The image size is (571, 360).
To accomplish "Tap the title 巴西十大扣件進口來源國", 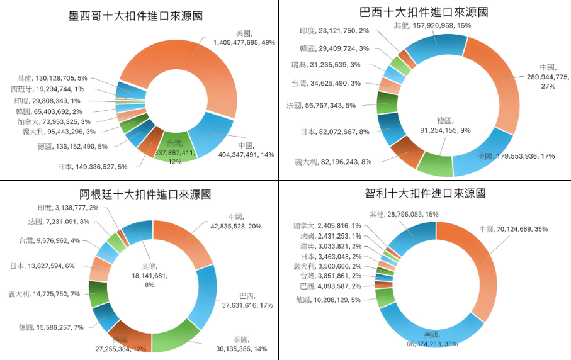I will coord(423,11).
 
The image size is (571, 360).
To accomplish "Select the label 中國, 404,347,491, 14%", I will coord(246,149).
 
